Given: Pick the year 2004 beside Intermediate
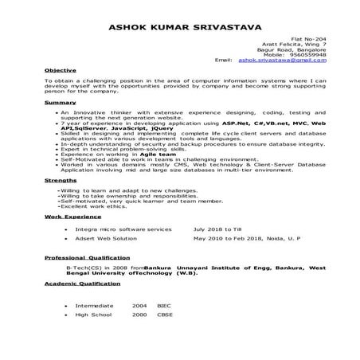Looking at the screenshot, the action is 139,305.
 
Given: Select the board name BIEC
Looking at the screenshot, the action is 164,305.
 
